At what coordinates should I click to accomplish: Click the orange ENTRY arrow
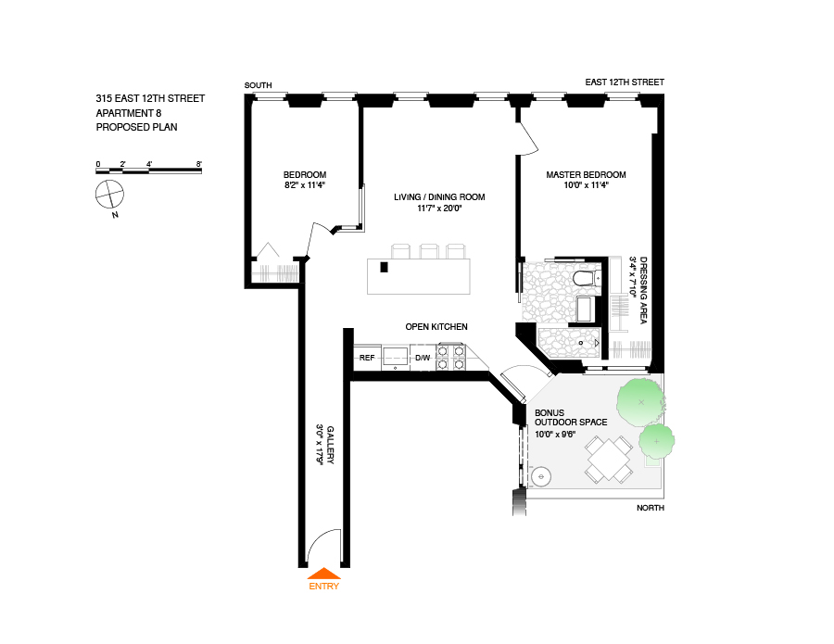pyautogui.click(x=323, y=574)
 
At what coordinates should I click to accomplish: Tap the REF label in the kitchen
pyautogui.click(x=367, y=358)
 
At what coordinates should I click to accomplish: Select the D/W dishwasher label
pyautogui.click(x=422, y=358)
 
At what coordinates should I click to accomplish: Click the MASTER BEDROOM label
pyautogui.click(x=586, y=174)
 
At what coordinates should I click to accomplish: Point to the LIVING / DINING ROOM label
pyautogui.click(x=439, y=196)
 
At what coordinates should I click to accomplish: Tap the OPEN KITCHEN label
pyautogui.click(x=436, y=327)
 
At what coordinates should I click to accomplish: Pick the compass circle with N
pyautogui.click(x=109, y=195)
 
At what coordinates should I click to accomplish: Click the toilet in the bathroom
pyautogui.click(x=585, y=278)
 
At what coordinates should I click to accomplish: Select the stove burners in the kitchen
pyautogui.click(x=449, y=357)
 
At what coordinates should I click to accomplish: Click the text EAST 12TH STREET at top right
pyautogui.click(x=625, y=82)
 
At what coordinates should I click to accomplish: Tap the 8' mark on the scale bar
pyautogui.click(x=198, y=164)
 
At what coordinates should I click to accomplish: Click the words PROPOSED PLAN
pyautogui.click(x=136, y=127)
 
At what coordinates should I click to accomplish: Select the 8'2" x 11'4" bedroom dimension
pyautogui.click(x=305, y=185)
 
